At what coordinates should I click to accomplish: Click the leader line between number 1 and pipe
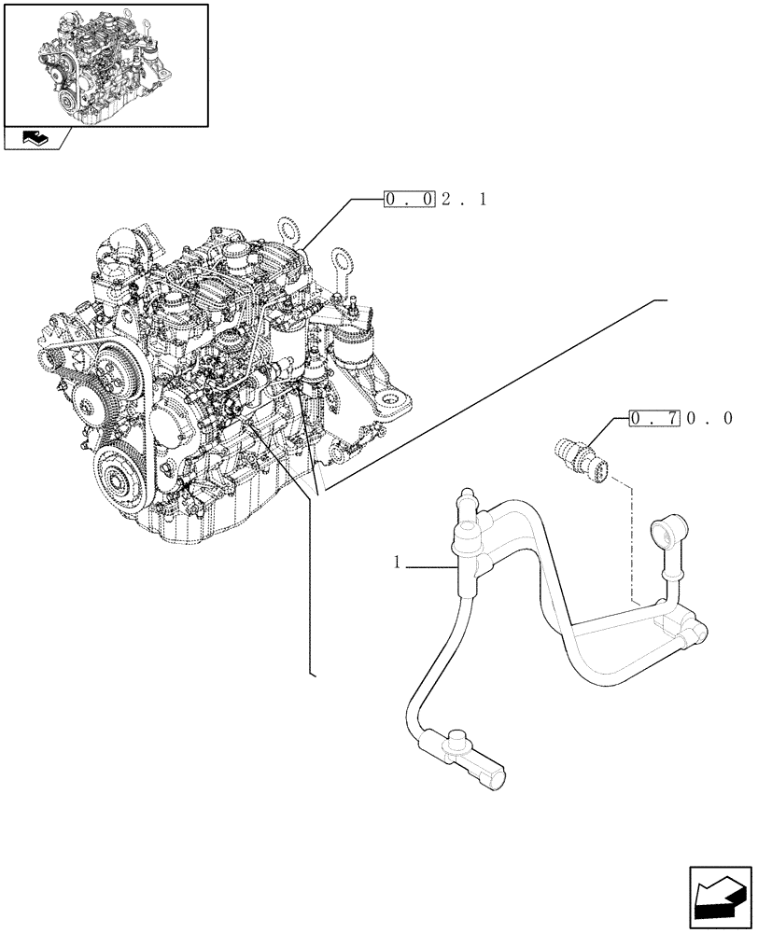click(431, 564)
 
